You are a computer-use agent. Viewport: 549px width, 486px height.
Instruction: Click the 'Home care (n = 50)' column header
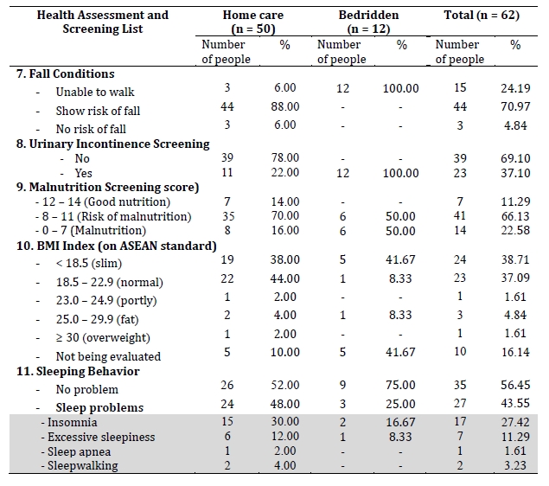pos(253,22)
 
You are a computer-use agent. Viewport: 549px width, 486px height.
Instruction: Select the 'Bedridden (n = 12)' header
pos(368,22)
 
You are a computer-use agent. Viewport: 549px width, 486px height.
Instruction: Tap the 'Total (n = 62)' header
pos(482,15)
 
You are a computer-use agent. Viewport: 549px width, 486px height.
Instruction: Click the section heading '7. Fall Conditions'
pos(65,74)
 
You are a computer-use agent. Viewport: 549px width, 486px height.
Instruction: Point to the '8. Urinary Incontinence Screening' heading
pos(112,144)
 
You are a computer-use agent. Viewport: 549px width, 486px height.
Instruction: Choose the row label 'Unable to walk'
pos(95,92)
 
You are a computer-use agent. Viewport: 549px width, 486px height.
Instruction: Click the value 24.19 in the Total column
pos(515,88)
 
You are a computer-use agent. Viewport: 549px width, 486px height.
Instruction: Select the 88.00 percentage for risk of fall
pos(285,106)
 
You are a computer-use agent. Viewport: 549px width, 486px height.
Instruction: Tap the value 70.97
pos(515,106)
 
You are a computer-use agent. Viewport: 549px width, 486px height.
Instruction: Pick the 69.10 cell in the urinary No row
pos(515,158)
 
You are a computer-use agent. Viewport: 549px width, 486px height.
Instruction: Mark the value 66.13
pos(515,216)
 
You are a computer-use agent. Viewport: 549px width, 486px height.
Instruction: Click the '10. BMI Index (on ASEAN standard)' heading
pos(117,246)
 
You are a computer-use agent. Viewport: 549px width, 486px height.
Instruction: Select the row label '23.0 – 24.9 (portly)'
pos(106,300)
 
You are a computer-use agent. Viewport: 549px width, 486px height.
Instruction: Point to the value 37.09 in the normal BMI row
pos(515,278)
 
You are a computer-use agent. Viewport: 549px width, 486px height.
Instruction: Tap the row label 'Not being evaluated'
pos(108,356)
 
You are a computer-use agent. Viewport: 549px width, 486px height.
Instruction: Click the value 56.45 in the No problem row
pos(515,385)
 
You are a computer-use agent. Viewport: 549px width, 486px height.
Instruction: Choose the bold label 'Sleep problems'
pos(99,407)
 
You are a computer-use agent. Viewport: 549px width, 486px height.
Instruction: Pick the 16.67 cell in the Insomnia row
pos(400,422)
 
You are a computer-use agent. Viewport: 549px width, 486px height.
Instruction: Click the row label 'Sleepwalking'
pos(83,466)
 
